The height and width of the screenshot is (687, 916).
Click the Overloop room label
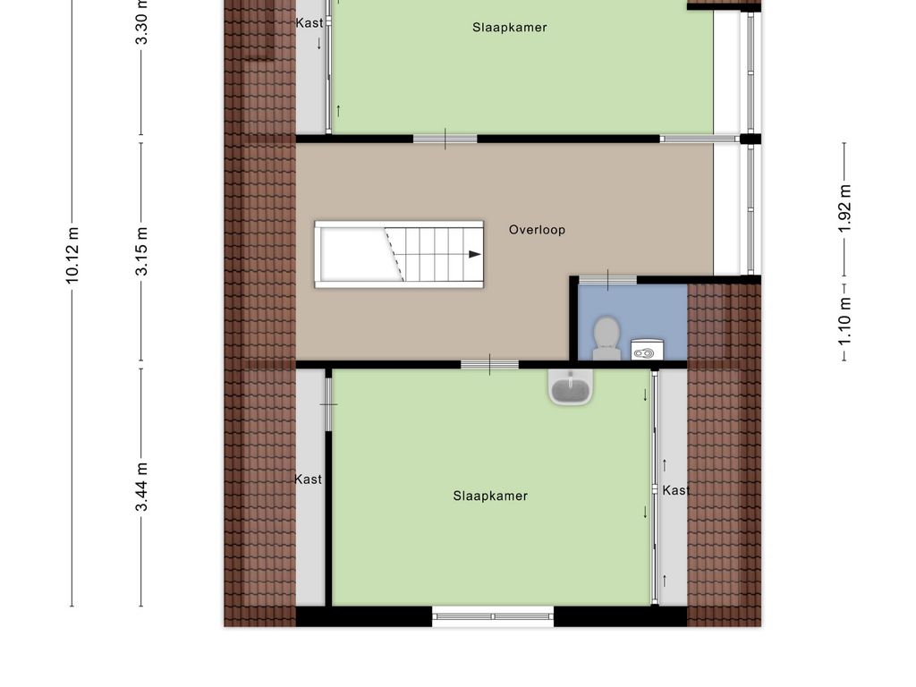click(x=537, y=230)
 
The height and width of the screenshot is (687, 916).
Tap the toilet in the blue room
click(x=606, y=337)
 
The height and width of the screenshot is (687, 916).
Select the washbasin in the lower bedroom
click(x=570, y=388)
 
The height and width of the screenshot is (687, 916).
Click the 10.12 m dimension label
click(x=72, y=256)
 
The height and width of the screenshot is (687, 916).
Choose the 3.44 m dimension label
click(x=141, y=487)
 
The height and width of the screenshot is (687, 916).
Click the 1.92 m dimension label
click(x=844, y=208)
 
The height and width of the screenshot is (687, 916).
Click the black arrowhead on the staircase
click(x=474, y=255)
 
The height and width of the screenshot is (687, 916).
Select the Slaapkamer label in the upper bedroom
click(x=510, y=28)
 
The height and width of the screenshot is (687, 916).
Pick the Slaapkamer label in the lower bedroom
click(x=490, y=496)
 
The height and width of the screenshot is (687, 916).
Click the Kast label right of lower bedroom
click(x=676, y=490)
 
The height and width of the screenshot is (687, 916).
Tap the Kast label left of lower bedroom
click(x=308, y=479)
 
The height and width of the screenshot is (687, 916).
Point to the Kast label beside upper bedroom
click(x=310, y=23)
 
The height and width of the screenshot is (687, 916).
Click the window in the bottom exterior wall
click(x=493, y=615)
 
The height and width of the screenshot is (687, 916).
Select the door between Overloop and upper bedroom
click(x=445, y=139)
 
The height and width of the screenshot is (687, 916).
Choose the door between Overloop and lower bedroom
click(x=489, y=364)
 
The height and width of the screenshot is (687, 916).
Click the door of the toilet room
click(x=607, y=280)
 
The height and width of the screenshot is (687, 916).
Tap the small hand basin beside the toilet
click(x=646, y=351)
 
